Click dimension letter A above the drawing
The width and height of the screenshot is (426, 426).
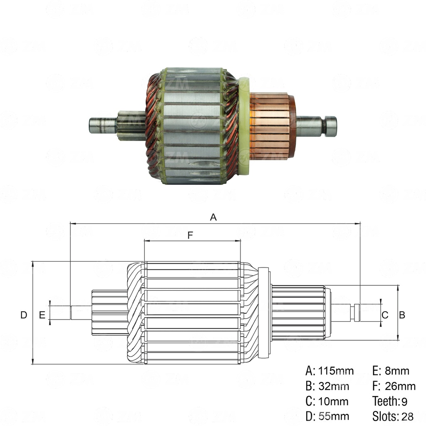click(x=213, y=217)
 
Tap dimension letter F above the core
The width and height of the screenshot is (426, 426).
click(x=190, y=235)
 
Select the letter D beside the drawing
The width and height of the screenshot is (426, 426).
click(x=24, y=315)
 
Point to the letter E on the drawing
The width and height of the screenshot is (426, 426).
click(x=42, y=315)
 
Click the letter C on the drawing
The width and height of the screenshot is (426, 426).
click(x=385, y=315)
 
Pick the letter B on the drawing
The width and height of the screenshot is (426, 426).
click(x=402, y=315)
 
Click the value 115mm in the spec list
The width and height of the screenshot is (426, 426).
click(x=336, y=371)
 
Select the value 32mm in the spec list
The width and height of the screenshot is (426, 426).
click(x=334, y=386)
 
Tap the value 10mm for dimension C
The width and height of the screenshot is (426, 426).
click(x=334, y=401)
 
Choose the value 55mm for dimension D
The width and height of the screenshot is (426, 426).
click(x=334, y=416)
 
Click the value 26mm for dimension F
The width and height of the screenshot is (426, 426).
click(x=400, y=386)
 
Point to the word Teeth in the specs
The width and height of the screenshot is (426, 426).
click(x=385, y=401)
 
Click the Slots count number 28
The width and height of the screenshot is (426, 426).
click(x=408, y=416)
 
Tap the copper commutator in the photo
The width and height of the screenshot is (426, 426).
click(x=270, y=126)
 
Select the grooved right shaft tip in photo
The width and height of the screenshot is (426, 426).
click(x=330, y=126)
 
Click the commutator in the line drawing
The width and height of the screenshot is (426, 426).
click(x=298, y=312)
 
